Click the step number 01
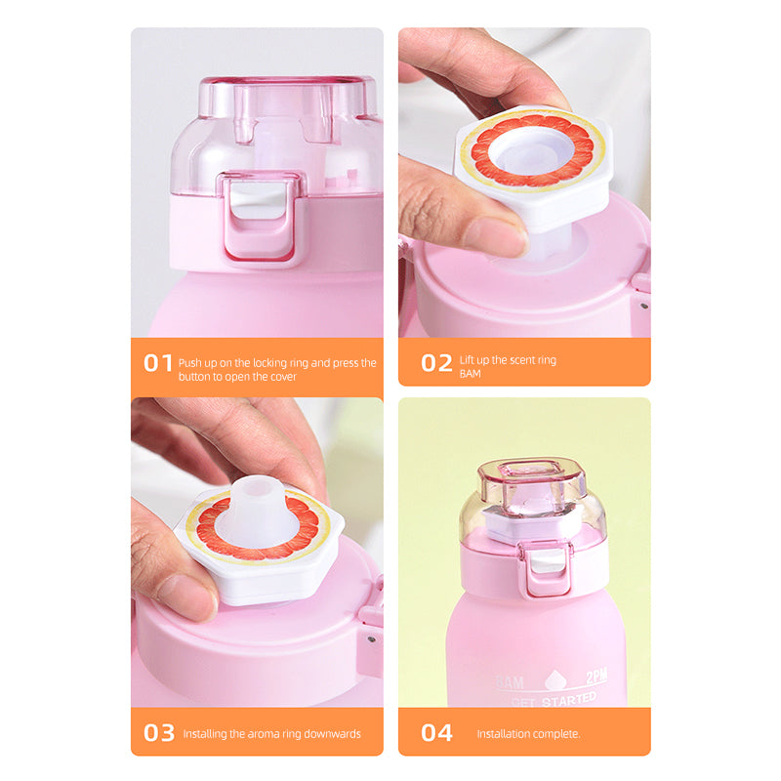click(x=158, y=362)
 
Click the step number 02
click(x=436, y=362)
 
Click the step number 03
click(x=158, y=732)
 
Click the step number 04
click(x=436, y=732)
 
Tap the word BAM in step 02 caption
click(x=471, y=374)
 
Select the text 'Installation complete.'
click(x=528, y=733)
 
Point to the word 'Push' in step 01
click(x=190, y=362)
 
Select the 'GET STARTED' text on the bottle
click(x=553, y=699)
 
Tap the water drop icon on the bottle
click(x=554, y=679)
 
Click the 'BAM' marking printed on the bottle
click(x=510, y=680)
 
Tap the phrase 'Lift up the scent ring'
click(x=508, y=360)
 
